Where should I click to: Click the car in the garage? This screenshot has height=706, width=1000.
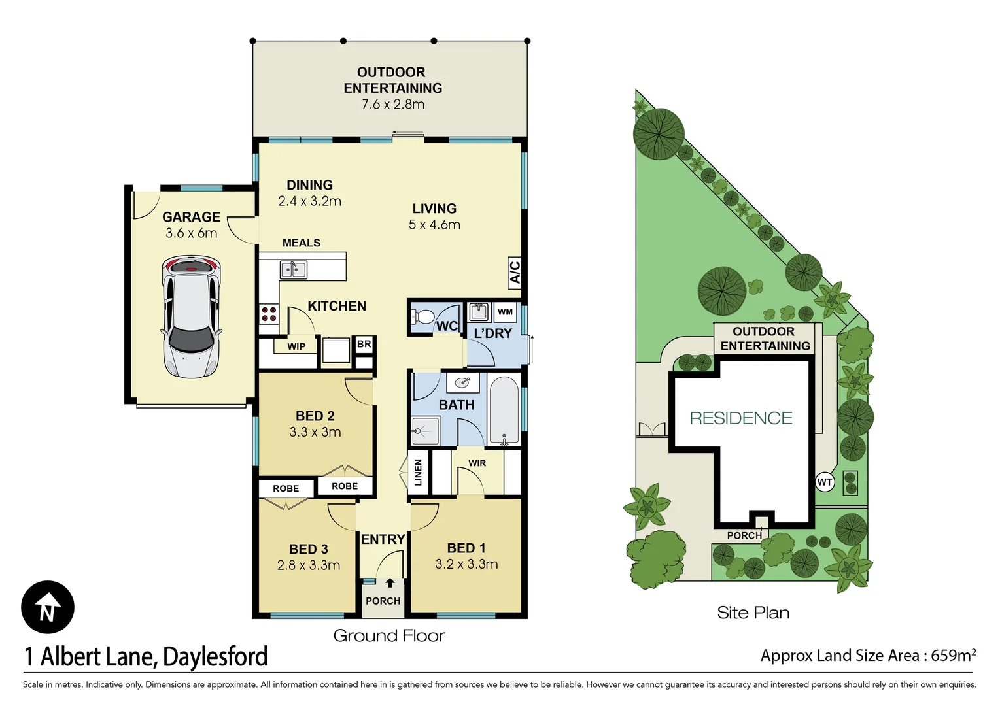click(191, 316)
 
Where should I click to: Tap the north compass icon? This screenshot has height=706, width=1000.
click(48, 607)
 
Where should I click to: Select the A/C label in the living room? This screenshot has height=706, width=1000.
click(515, 272)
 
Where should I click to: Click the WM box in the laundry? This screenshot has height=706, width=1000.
click(505, 312)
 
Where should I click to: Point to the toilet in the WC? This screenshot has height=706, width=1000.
click(424, 318)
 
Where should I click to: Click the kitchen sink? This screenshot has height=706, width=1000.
click(294, 269)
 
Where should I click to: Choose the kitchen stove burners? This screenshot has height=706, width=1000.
click(269, 314)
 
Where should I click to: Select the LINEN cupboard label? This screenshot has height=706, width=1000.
click(419, 473)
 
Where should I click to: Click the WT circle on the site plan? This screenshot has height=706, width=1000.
click(825, 482)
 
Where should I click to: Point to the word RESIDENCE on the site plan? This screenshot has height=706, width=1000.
click(741, 418)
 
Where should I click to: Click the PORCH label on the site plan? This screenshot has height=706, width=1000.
click(744, 536)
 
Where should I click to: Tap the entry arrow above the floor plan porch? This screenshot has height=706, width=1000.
click(390, 582)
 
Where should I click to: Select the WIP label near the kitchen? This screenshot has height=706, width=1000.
click(296, 346)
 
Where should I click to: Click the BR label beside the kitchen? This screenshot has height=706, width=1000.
click(364, 344)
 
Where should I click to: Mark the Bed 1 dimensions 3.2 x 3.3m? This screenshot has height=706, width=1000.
click(466, 564)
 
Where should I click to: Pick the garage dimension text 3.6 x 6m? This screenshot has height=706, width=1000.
click(191, 233)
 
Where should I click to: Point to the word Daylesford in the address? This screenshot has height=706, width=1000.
click(215, 656)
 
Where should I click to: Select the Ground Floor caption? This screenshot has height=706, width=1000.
click(389, 635)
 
